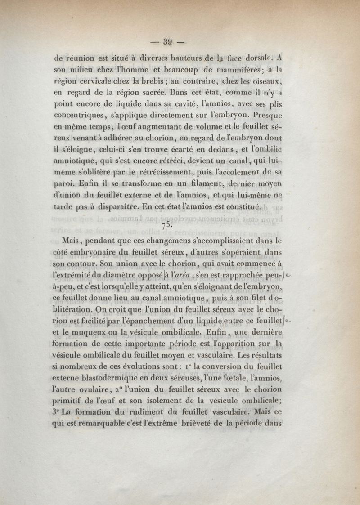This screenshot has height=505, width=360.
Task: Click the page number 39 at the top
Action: point(168,43)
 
